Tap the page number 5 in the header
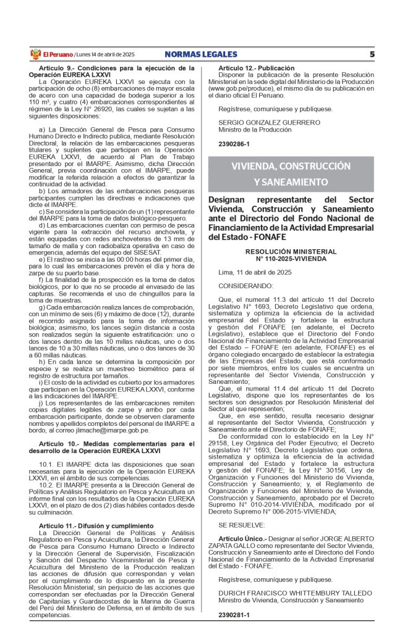372,54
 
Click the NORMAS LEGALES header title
202,54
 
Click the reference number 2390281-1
234,615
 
